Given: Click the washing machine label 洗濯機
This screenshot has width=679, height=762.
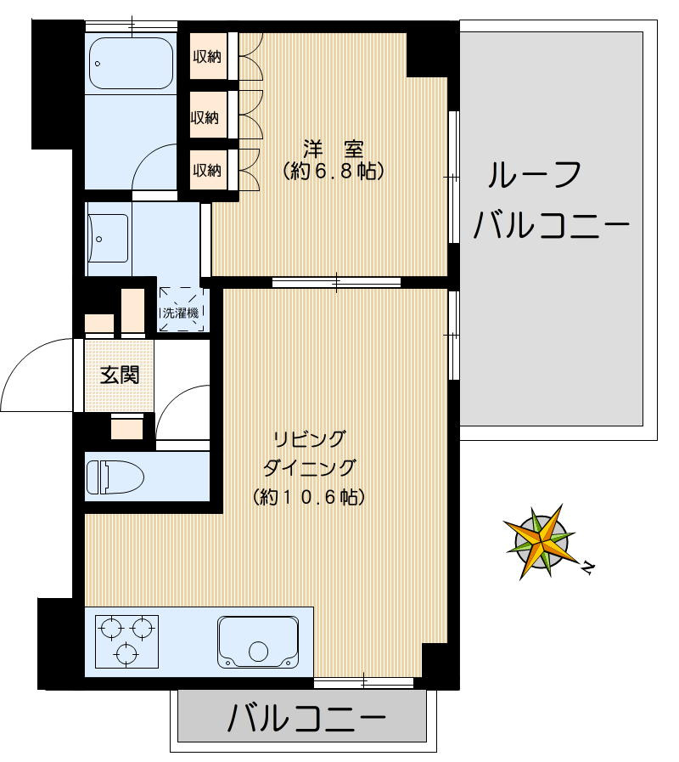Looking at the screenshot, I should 182,313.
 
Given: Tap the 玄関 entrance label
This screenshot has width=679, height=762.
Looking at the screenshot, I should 120,374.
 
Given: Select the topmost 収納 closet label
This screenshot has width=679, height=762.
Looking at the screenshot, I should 206,57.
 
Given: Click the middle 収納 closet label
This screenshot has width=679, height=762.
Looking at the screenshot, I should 206,117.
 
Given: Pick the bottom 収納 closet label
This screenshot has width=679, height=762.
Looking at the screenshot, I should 206,170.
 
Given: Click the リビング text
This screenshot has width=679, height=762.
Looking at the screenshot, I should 309,439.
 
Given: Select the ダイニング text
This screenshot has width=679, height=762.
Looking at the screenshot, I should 309,467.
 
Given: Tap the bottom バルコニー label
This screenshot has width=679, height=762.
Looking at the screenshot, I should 306,720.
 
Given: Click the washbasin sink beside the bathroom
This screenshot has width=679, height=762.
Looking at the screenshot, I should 109,237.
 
